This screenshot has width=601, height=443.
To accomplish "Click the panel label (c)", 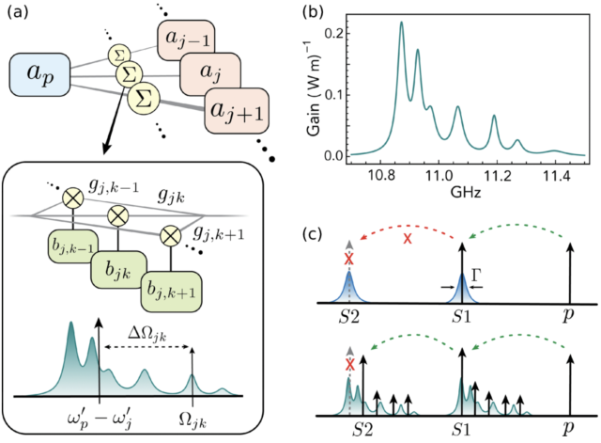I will point(324,229).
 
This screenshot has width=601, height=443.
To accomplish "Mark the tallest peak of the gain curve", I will point(401,24).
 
